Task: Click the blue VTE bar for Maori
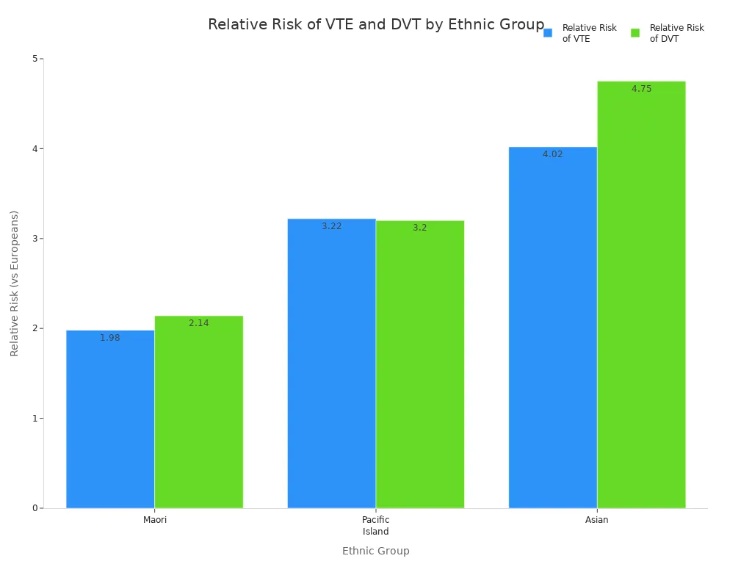(110, 422)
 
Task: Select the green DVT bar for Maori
(198, 415)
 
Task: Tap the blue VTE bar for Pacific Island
(331, 367)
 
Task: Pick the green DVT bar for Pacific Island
(419, 367)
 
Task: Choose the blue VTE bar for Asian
(552, 330)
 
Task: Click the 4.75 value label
(641, 89)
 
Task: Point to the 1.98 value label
(110, 338)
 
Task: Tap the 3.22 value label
(331, 226)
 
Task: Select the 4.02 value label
(552, 154)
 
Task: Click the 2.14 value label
(198, 323)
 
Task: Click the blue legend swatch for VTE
(548, 33)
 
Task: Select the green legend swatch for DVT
(635, 33)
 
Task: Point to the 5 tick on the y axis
(35, 59)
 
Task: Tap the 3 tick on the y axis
(35, 239)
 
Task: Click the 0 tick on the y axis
(35, 508)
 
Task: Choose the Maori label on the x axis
(155, 520)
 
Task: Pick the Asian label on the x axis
(596, 520)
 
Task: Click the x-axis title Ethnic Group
(375, 551)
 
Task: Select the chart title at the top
(375, 25)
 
